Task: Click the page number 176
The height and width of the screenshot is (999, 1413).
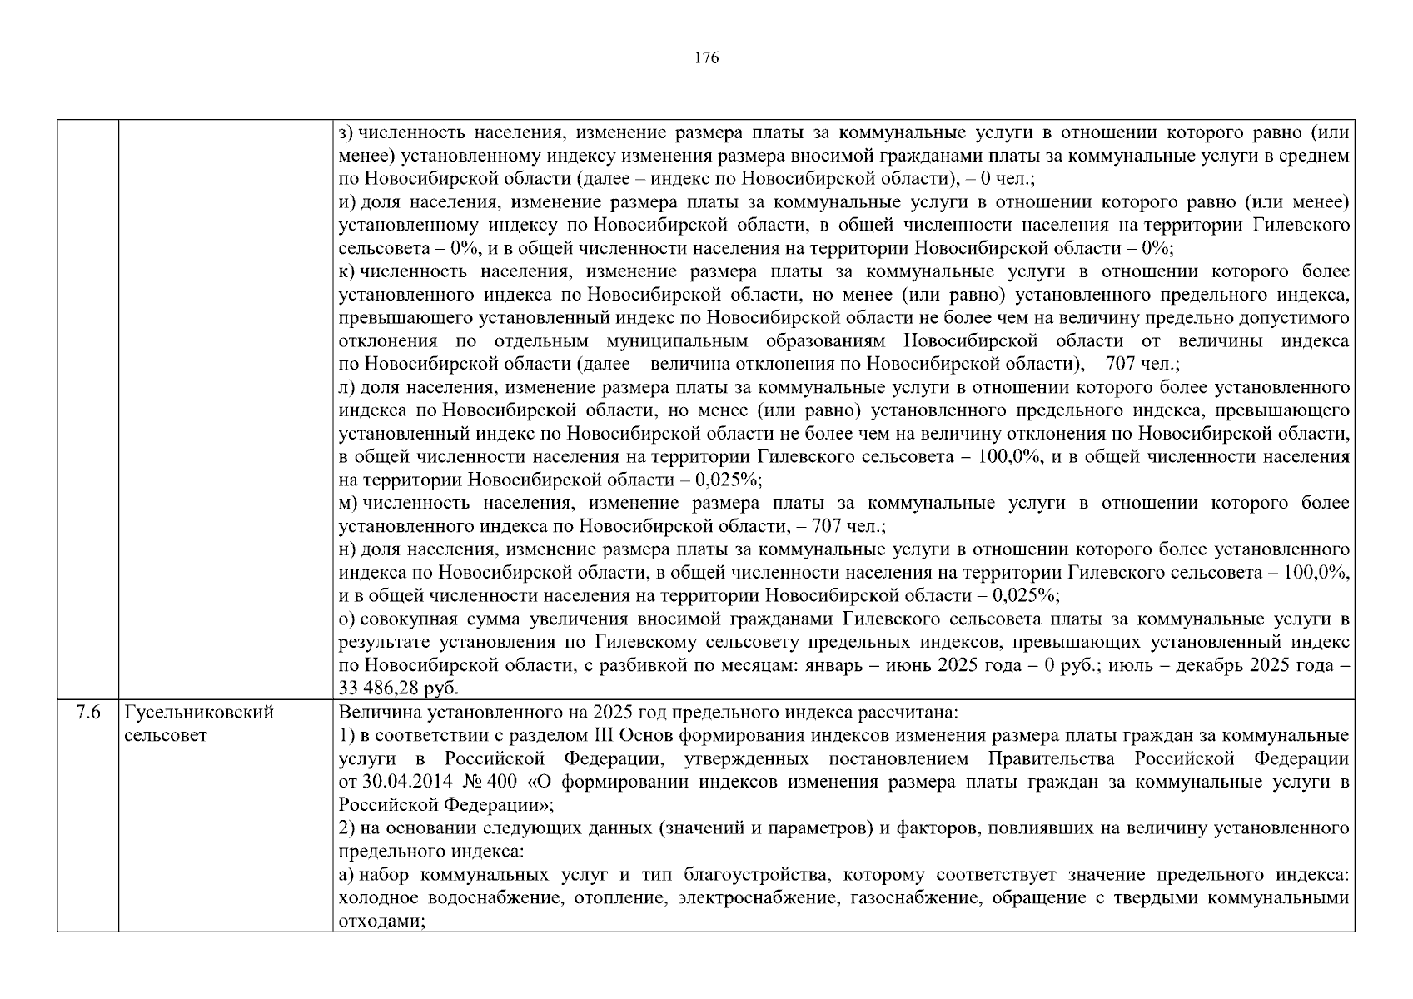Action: pos(706,58)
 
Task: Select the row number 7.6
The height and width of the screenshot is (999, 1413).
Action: pos(87,713)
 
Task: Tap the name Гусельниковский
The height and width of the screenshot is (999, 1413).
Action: pos(199,713)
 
